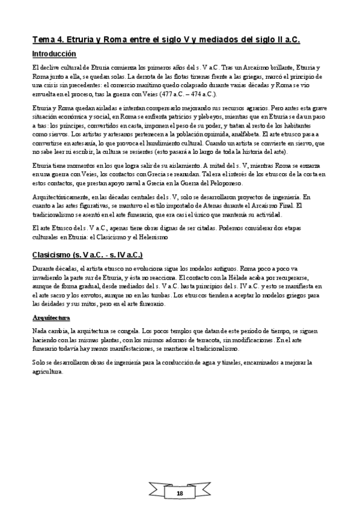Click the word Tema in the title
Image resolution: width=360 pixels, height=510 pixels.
43,40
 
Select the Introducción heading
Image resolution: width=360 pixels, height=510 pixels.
58,54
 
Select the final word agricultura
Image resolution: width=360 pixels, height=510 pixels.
48,372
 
